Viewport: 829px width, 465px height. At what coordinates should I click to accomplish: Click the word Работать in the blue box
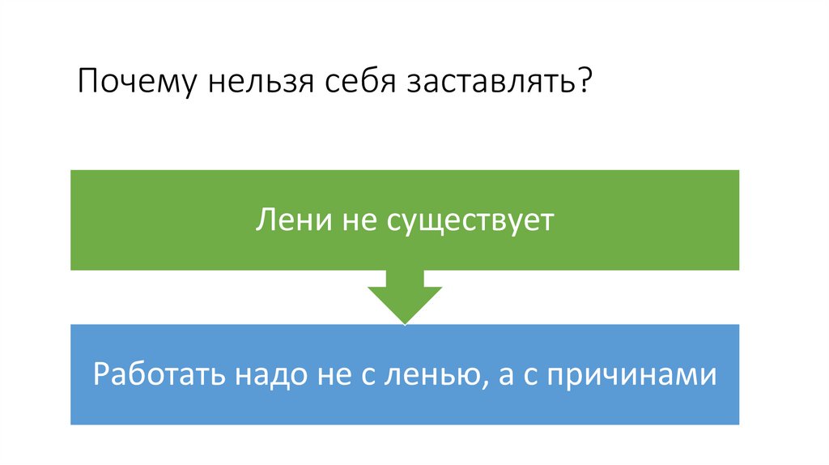point(160,375)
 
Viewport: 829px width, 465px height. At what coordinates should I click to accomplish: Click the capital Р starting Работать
point(101,375)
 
